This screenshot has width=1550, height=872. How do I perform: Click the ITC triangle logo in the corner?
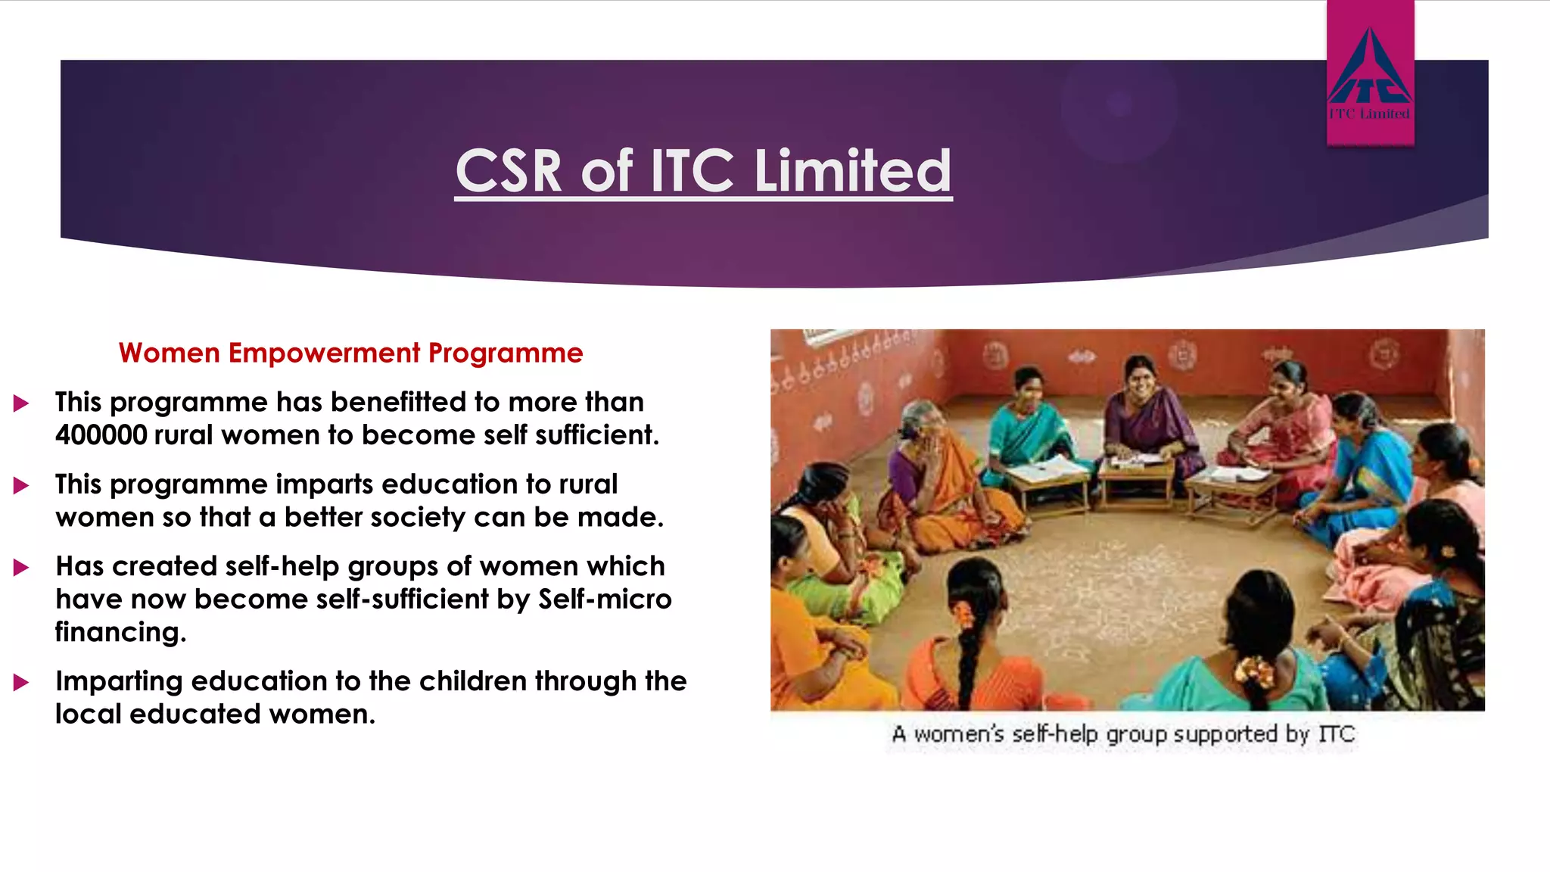point(1369,68)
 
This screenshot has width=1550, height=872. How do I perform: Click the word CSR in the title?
point(509,171)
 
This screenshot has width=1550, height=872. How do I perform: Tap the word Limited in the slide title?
point(852,171)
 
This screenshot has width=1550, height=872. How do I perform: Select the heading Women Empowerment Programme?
point(350,353)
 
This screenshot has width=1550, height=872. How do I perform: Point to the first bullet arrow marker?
point(21,403)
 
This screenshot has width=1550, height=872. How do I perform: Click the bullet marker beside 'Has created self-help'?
point(21,568)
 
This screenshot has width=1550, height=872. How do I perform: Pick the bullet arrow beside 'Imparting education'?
point(21,683)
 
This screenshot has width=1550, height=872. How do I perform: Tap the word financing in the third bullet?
point(120,632)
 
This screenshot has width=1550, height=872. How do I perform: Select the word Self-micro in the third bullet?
point(605,599)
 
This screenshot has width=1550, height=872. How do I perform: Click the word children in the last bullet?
point(473,681)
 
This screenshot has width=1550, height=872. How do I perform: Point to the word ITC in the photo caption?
point(1336,734)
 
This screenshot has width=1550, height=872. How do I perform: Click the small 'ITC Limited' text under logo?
point(1369,114)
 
